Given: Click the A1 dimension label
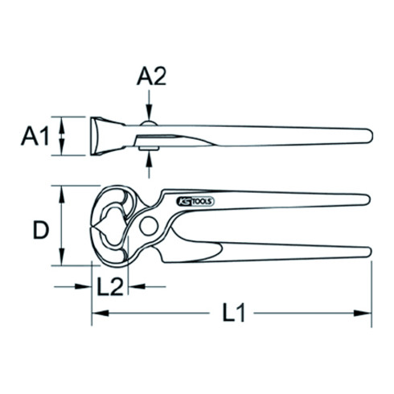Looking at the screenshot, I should pos(35,137).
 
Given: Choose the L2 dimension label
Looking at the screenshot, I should pos(109,287).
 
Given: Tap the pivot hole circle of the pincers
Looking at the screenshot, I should pos(148,228).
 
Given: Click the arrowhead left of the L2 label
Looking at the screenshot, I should pos(84,287).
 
